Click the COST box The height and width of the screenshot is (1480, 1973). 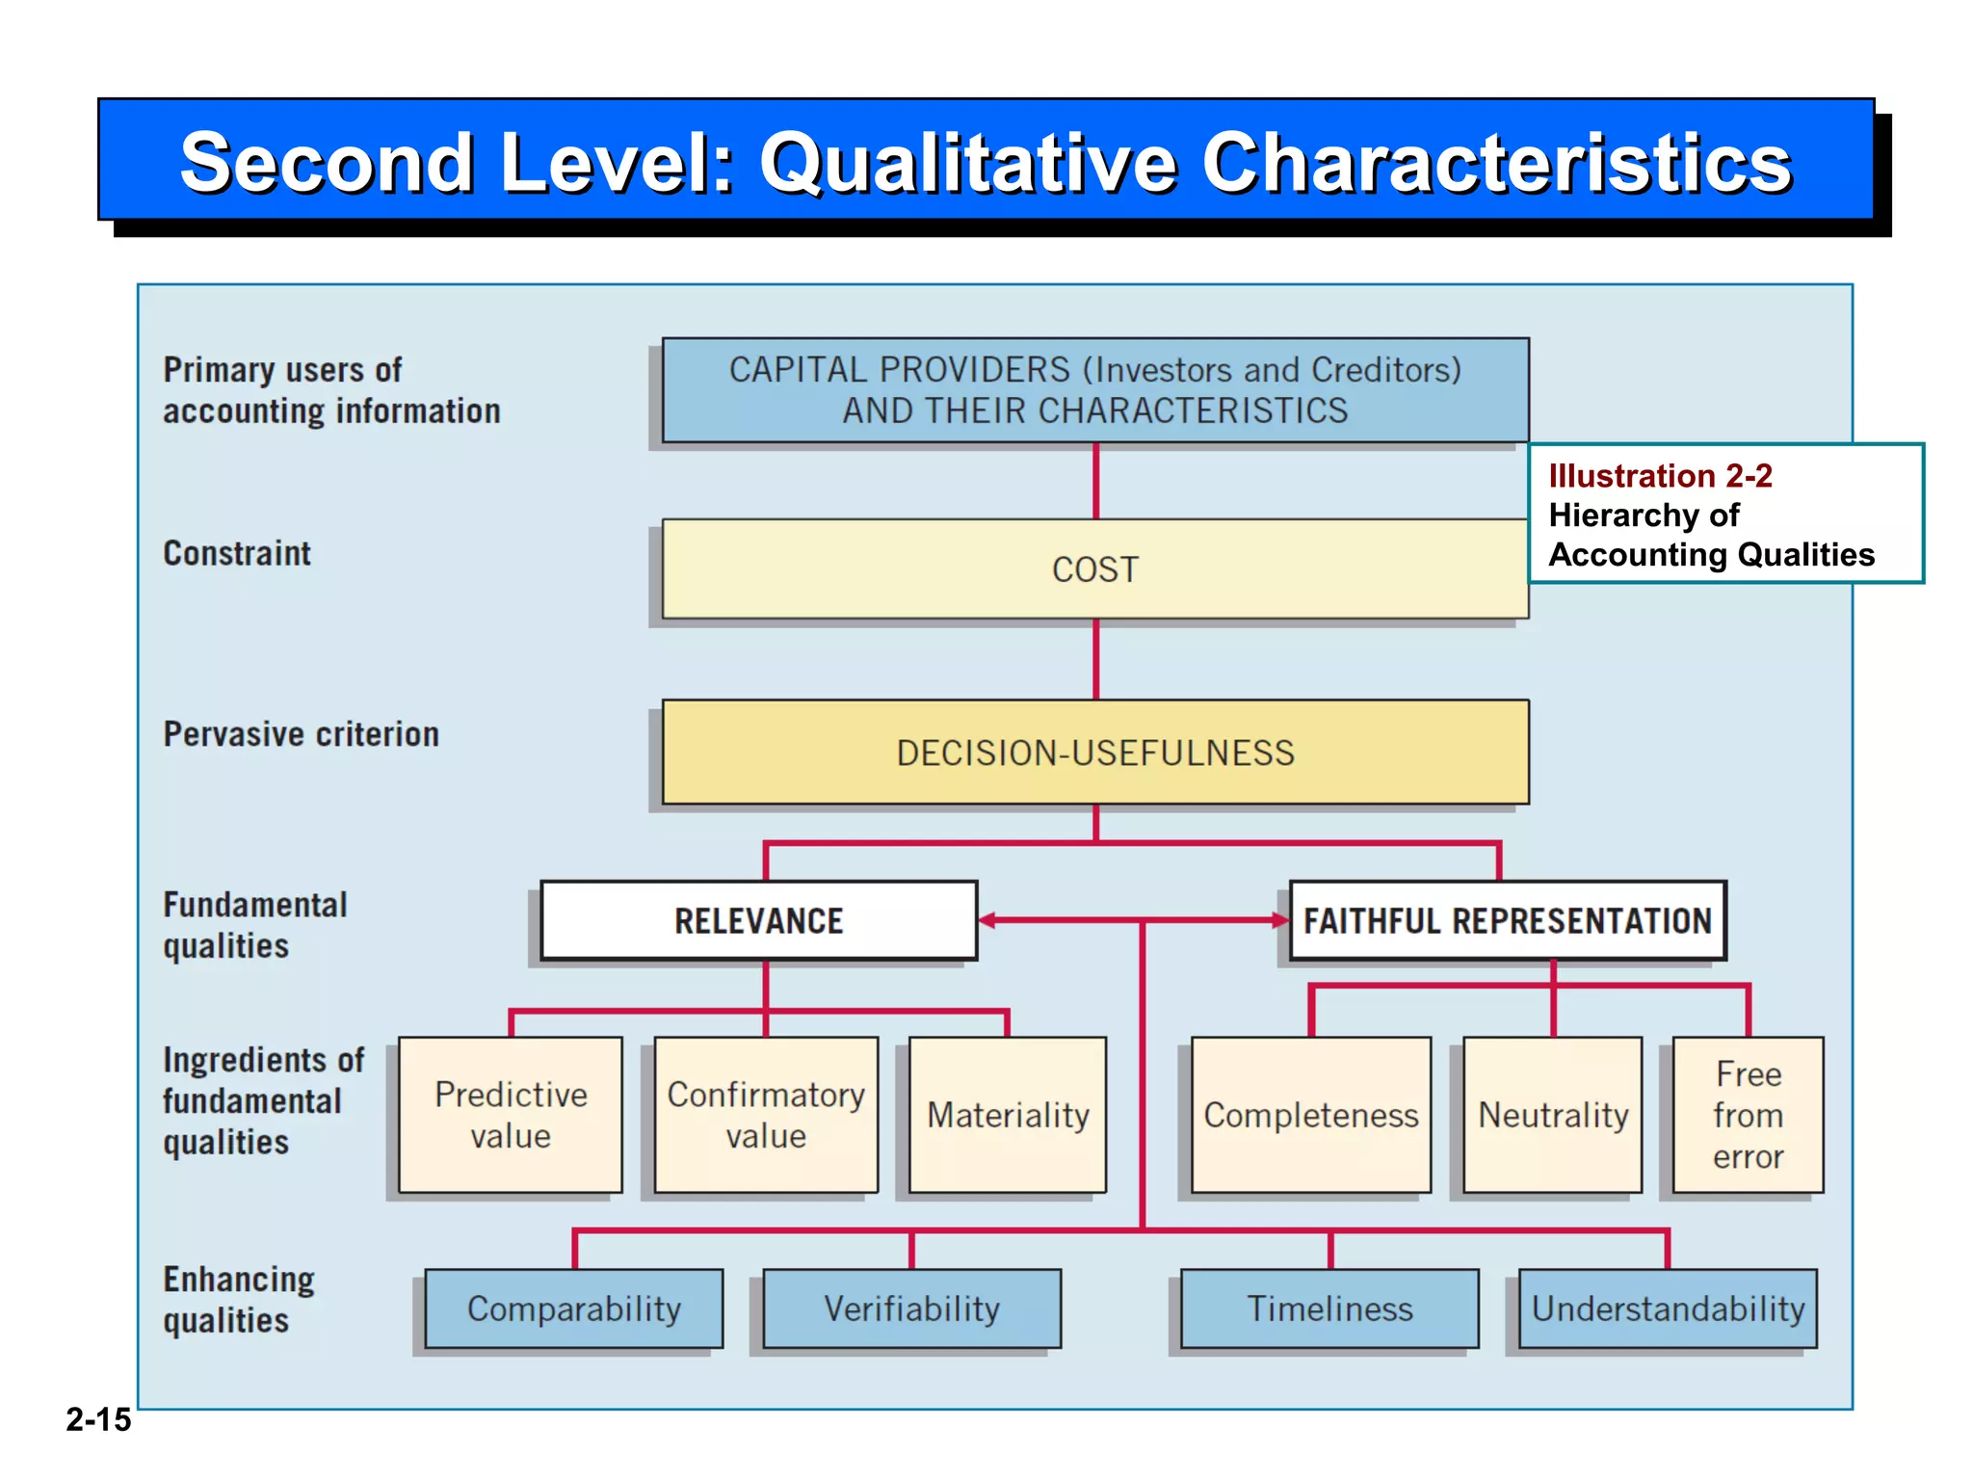(1095, 569)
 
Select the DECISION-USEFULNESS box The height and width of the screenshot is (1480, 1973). (1095, 753)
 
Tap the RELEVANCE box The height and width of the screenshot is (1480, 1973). (759, 921)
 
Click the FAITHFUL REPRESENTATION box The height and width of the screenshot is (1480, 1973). (1508, 921)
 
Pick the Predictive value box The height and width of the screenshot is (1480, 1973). (511, 1115)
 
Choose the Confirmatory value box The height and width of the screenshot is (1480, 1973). (766, 1115)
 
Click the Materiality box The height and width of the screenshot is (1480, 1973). (1008, 1115)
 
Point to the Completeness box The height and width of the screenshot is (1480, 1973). (1310, 1115)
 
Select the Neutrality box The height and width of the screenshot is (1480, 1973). (1553, 1115)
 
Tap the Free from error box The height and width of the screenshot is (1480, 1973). (1748, 1115)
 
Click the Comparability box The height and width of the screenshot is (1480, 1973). (574, 1308)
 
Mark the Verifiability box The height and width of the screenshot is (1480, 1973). (911, 1308)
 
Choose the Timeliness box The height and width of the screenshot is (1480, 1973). (1329, 1308)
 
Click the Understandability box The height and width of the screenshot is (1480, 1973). (1668, 1308)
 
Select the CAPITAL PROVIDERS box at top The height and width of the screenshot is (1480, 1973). (1095, 390)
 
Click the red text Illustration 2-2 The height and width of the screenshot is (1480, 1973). (1660, 476)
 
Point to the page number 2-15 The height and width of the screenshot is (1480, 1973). (98, 1419)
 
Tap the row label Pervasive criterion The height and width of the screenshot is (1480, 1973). (301, 734)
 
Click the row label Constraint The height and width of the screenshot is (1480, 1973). (237, 553)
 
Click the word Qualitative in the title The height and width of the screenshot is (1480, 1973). (968, 162)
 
